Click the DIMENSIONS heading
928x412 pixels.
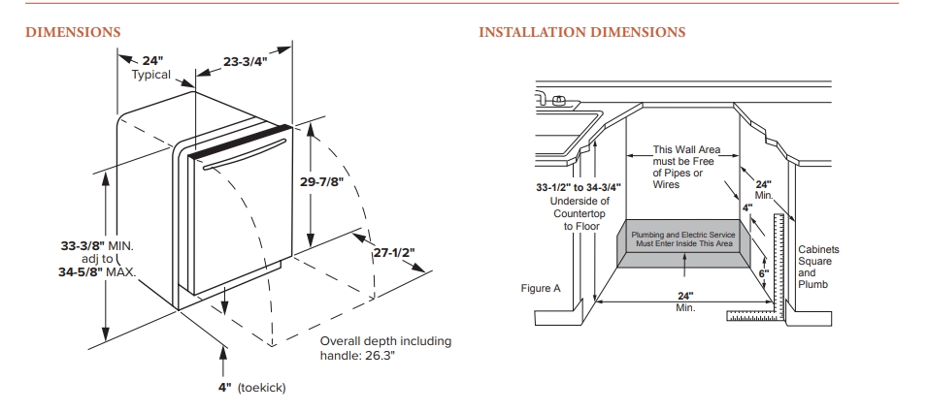(73, 33)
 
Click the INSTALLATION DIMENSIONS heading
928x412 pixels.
(582, 33)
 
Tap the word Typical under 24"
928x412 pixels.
(150, 75)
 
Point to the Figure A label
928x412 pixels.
(542, 289)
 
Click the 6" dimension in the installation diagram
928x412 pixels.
(763, 274)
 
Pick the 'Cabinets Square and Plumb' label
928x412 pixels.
(818, 267)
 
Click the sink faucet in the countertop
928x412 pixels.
(557, 99)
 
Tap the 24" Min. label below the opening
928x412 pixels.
(684, 301)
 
